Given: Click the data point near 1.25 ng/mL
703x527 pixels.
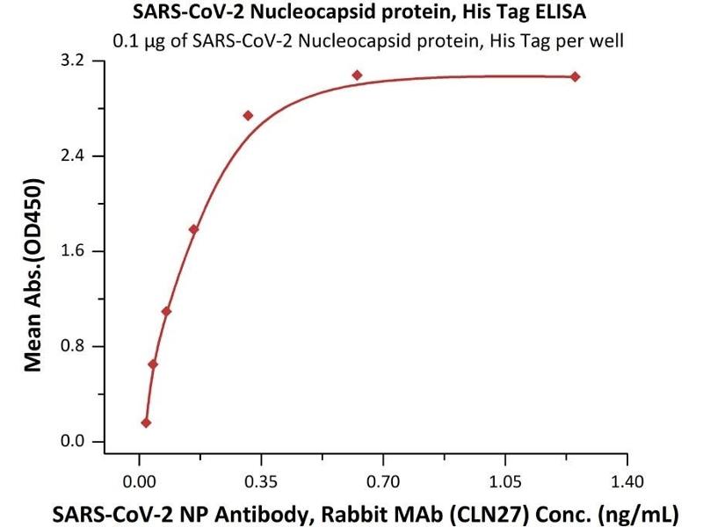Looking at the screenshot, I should [x=575, y=77].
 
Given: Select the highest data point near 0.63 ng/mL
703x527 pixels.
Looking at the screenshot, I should [x=357, y=76].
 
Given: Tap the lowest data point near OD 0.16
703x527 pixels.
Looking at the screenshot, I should [x=146, y=422].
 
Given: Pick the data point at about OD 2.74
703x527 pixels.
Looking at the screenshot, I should [x=248, y=115].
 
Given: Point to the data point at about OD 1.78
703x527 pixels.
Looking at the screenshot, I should [x=193, y=229].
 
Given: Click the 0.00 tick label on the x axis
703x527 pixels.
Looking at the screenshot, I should [x=139, y=481].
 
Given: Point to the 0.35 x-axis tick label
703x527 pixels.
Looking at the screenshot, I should [x=261, y=481].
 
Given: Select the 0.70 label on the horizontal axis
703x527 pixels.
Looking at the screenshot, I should [x=383, y=481].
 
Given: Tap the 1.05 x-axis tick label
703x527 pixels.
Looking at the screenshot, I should [x=505, y=481].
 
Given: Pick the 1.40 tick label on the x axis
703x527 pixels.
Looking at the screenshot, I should [x=627, y=481].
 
